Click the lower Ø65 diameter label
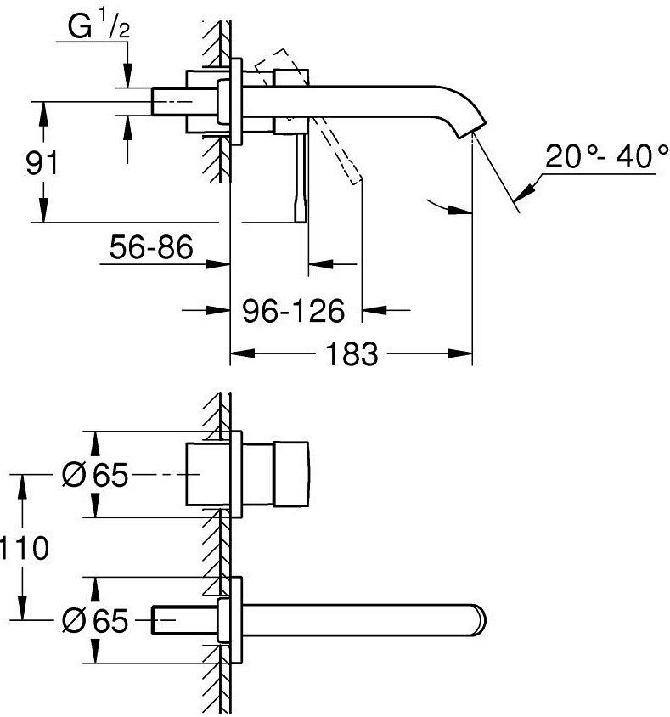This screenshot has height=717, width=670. [95, 622]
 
